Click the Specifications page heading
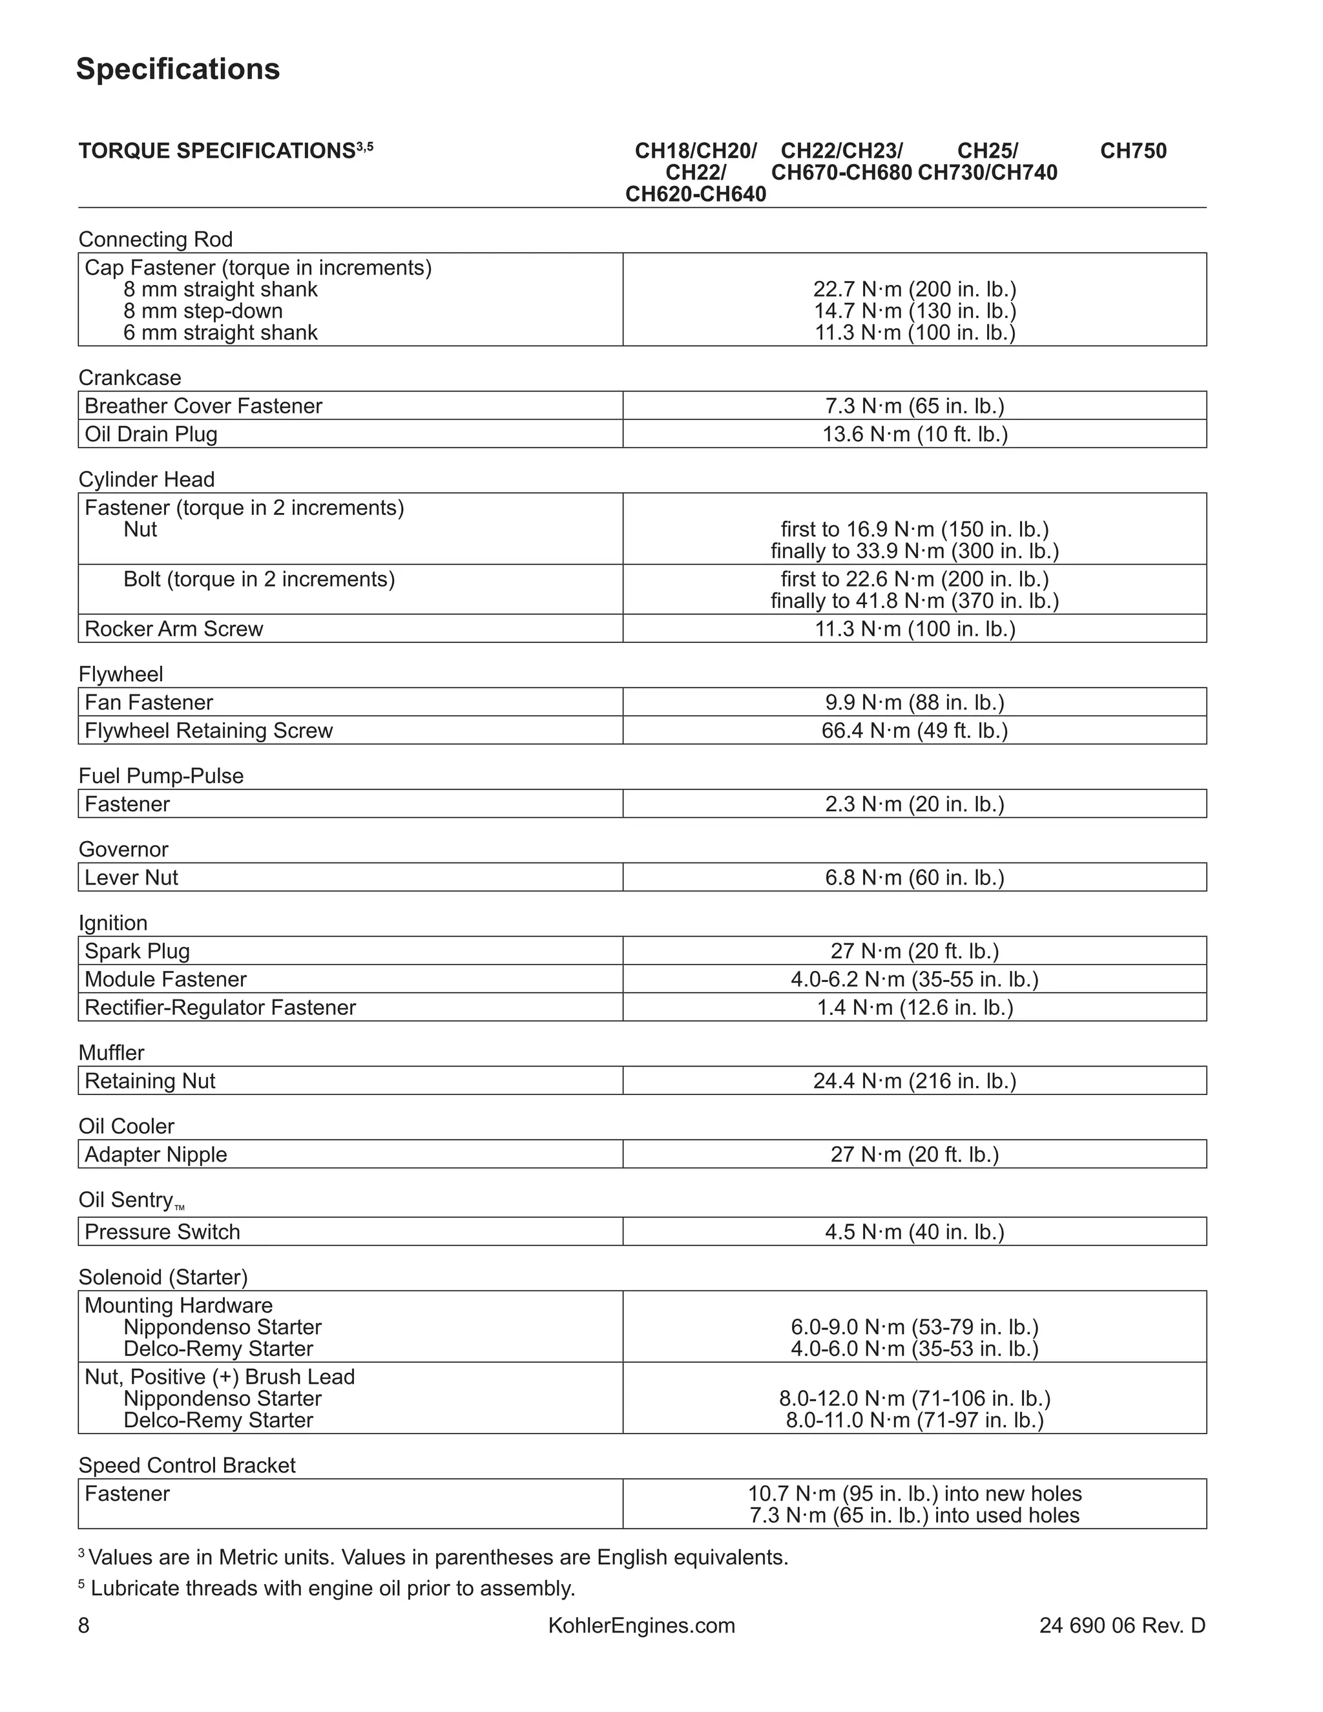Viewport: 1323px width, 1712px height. [178, 69]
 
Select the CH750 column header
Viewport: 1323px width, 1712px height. [1132, 151]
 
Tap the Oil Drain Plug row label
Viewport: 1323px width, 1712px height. [151, 434]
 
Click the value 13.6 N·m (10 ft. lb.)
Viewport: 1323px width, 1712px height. [914, 434]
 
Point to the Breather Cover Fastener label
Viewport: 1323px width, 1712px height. [203, 406]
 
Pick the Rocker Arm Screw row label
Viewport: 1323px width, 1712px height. [173, 629]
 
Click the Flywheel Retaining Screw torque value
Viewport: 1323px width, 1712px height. [914, 731]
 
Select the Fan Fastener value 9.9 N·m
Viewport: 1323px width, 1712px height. [914, 702]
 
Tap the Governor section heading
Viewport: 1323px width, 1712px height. [123, 849]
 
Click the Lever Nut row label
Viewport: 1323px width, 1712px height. [131, 877]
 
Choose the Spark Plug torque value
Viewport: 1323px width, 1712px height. [914, 951]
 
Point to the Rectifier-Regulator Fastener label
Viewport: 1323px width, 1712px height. [220, 1007]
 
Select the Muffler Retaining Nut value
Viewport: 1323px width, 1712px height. [914, 1081]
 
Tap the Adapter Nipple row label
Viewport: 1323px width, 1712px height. [155, 1154]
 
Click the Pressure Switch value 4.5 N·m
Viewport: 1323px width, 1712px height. [914, 1231]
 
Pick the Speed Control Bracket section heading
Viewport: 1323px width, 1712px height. [187, 1465]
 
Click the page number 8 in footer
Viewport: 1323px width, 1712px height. [84, 1625]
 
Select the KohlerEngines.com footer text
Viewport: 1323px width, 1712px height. [641, 1625]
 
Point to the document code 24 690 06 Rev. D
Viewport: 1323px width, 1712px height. [1121, 1625]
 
